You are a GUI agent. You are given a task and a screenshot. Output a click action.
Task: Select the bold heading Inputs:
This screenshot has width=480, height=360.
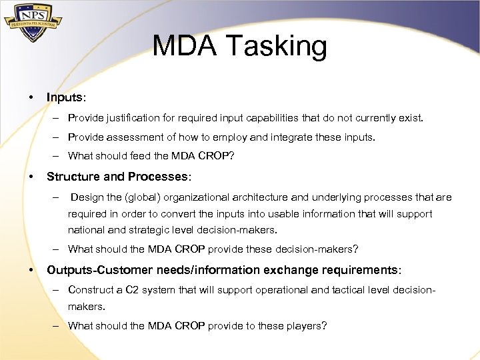click(66, 97)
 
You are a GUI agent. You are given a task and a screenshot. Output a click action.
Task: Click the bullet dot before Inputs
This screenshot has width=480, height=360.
click(31, 97)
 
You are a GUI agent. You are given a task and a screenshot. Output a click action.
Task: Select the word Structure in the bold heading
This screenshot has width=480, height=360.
click(72, 177)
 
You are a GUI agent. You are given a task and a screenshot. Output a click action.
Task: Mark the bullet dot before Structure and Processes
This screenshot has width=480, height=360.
click(31, 177)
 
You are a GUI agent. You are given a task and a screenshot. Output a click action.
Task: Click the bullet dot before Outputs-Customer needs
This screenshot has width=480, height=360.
click(31, 270)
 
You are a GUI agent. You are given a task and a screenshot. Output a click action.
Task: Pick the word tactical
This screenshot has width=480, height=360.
click(354, 290)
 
